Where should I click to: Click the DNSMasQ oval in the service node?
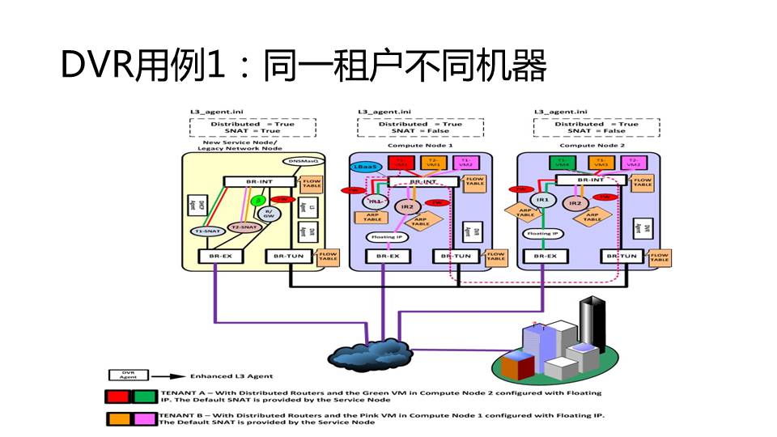(304, 162)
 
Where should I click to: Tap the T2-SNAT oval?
(244, 227)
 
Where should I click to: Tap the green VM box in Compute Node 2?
(562, 162)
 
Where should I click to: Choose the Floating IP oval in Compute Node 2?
(541, 233)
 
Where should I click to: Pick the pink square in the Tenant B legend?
(146, 418)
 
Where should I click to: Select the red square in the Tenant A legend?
(120, 397)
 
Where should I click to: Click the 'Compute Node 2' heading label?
(588, 146)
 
